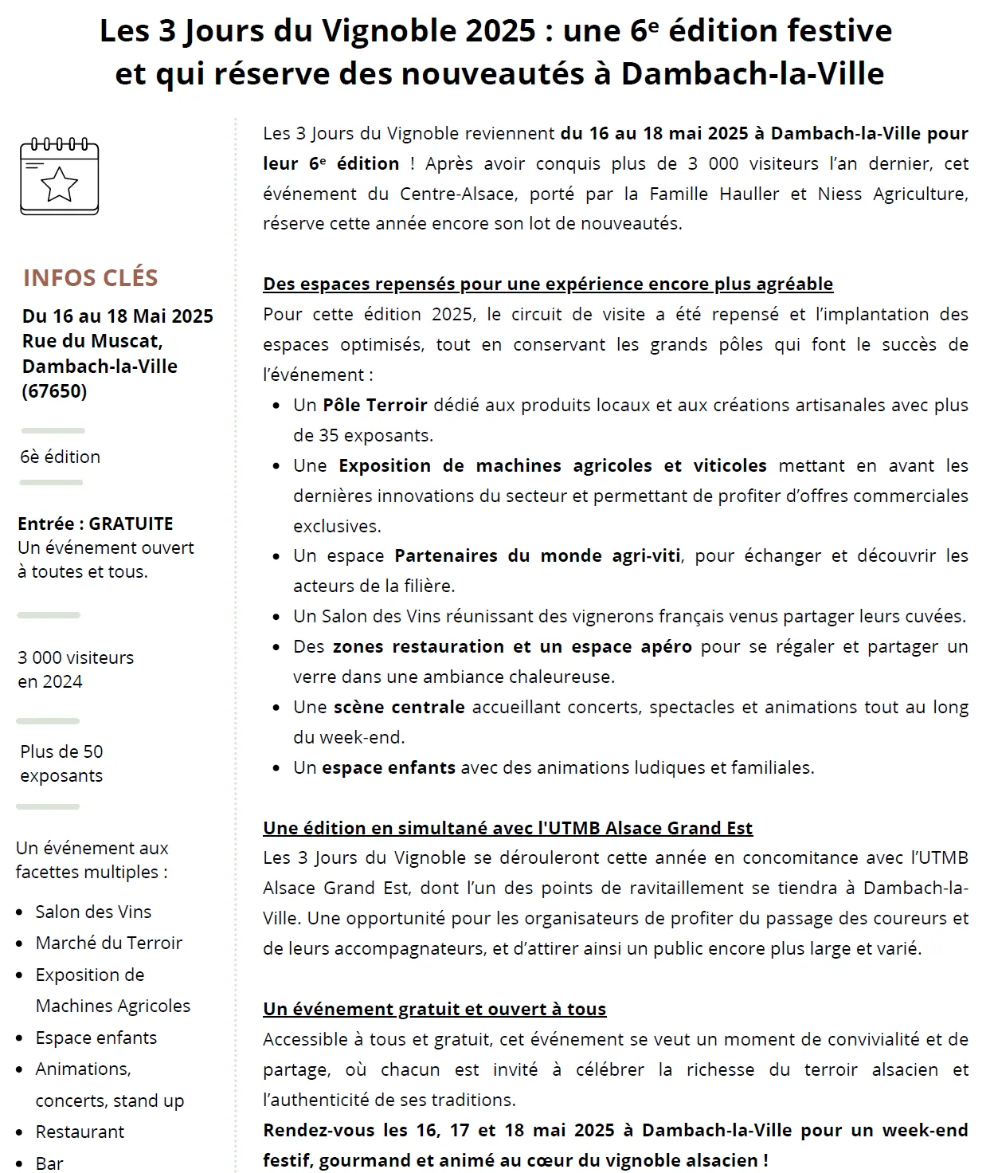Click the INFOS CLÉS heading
pos(90,277)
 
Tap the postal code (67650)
pos(55,391)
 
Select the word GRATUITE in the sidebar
pos(131,524)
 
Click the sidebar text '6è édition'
pos(61,457)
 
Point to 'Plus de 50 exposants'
pos(62,763)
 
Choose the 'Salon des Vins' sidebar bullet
pos(93,912)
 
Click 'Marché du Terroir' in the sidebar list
pos(109,943)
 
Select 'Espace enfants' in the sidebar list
pos(96,1038)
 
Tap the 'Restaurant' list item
pos(80,1132)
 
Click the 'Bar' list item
pos(49,1163)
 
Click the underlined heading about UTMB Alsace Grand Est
pos(507,828)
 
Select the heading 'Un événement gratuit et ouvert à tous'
pos(434,1009)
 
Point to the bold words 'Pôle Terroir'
pos(375,405)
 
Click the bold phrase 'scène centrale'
pos(399,707)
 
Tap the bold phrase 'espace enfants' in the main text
pos(389,767)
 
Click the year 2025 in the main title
pos(500,31)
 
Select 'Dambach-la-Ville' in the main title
pos(752,73)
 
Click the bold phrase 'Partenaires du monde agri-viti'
pos(538,555)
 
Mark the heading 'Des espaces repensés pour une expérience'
pos(548,284)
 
